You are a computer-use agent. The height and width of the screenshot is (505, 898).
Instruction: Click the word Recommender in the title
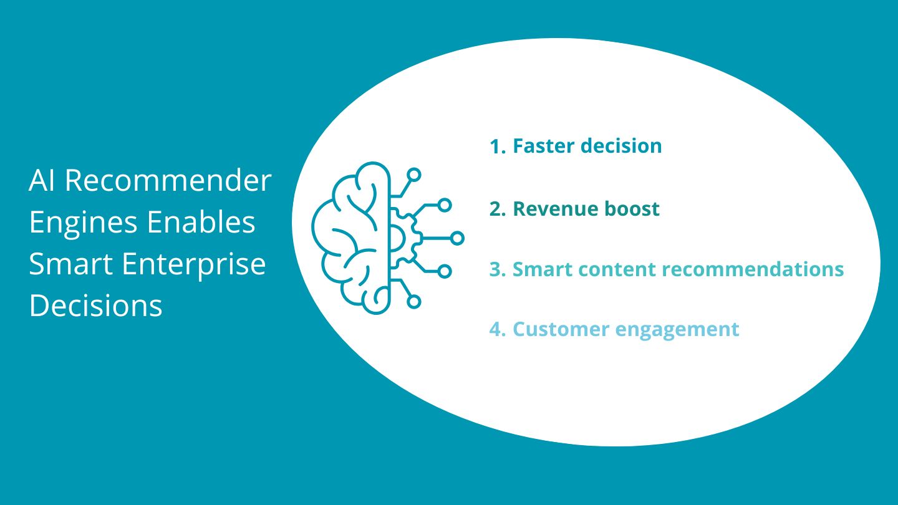[168, 181]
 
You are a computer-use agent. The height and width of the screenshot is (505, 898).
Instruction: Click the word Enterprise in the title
[194, 264]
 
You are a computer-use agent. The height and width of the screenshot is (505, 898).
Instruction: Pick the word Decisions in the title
[95, 306]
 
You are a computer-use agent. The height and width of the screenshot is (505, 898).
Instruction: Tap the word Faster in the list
[543, 146]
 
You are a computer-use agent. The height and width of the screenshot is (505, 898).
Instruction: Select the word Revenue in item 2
[546, 209]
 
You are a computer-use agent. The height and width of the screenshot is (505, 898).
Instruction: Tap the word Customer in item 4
[549, 329]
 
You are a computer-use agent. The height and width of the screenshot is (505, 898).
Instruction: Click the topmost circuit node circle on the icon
[414, 175]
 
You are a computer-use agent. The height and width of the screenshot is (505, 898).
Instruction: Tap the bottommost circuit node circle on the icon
[414, 302]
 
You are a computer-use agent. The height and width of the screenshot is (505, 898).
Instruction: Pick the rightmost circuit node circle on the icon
[457, 238]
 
